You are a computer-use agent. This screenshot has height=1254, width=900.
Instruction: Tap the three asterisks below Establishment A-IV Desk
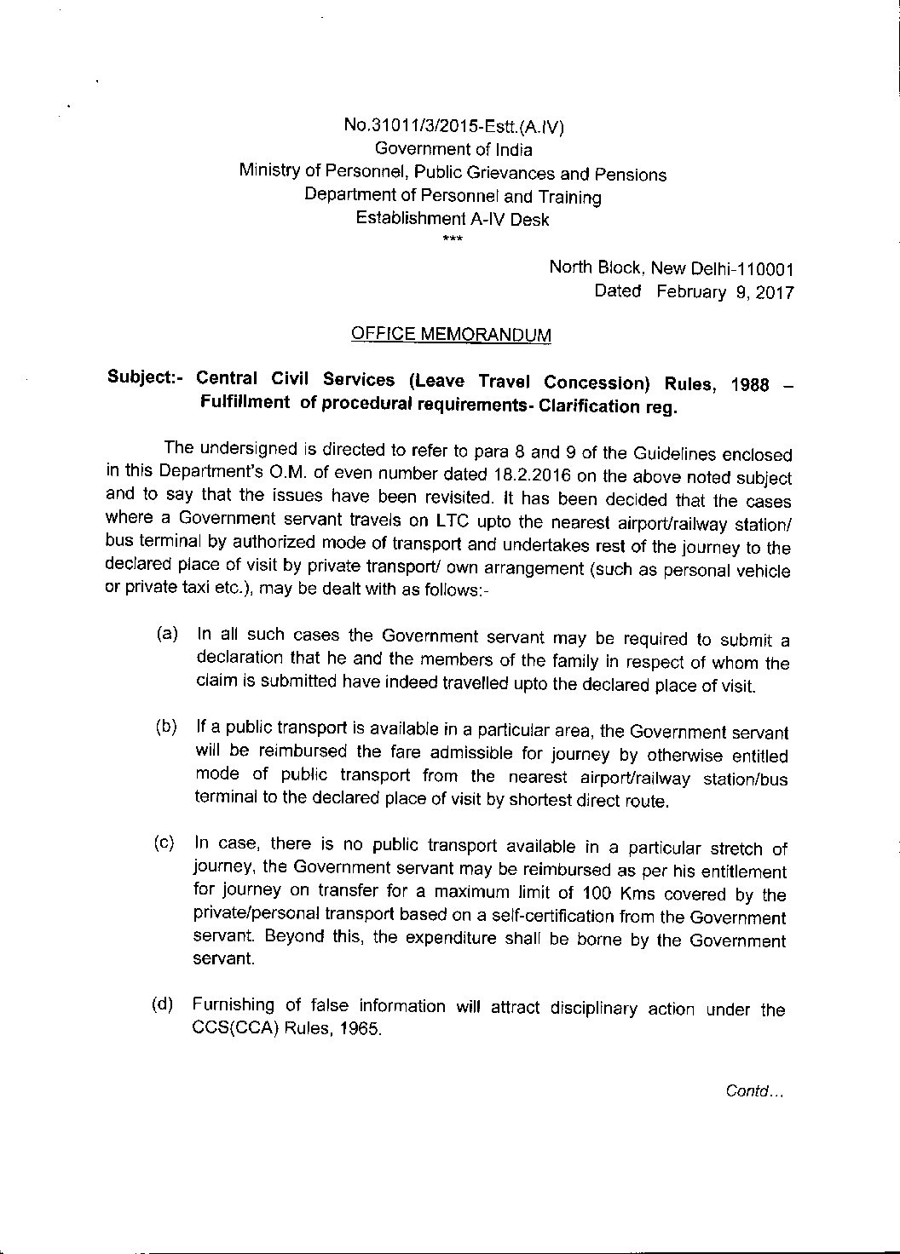[x=453, y=238]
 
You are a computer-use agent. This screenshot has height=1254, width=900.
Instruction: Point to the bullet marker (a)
[x=166, y=635]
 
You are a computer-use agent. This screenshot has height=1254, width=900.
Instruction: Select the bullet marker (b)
[x=166, y=727]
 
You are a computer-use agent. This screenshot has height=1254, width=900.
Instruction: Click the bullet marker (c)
[x=164, y=843]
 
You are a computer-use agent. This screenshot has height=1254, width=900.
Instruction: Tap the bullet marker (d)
[x=163, y=1004]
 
